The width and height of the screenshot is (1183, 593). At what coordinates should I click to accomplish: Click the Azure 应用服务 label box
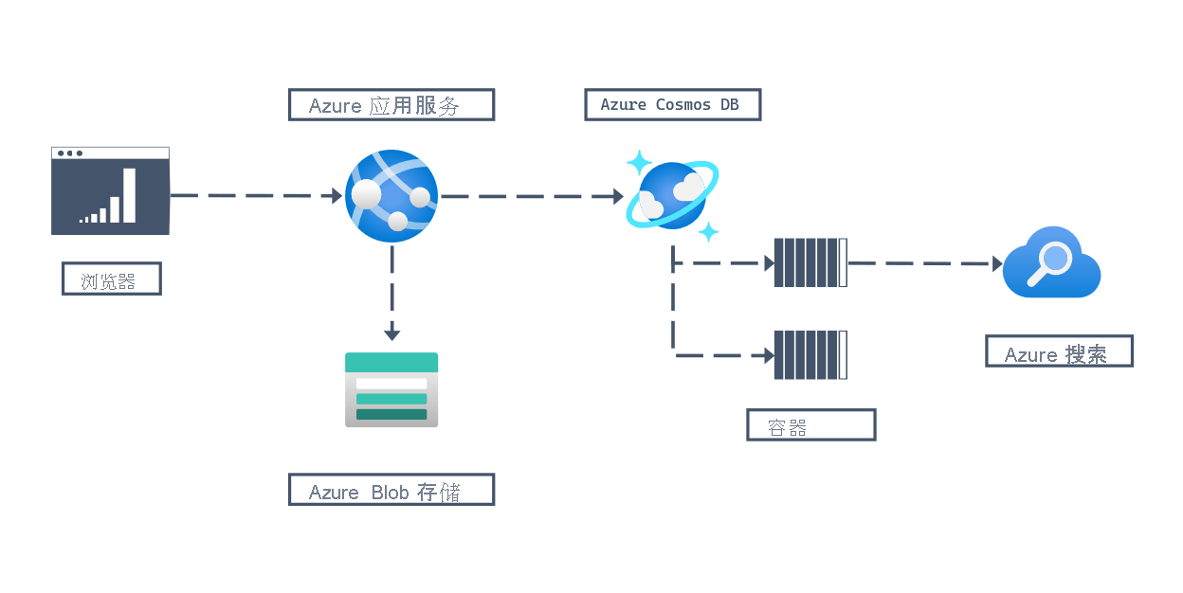pos(391,105)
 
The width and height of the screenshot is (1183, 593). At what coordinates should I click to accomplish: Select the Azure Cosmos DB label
pos(672,104)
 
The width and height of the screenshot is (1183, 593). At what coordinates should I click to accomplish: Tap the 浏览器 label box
pos(111,279)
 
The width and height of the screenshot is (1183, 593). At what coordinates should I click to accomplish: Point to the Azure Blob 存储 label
pos(391,490)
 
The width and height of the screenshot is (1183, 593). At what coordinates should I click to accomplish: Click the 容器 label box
pos(810,425)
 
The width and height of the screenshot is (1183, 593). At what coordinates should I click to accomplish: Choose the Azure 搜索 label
pos(1059,351)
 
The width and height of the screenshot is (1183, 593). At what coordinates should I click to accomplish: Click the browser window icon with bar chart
pos(110,190)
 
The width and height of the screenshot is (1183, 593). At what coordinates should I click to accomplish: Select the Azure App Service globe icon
pos(391,196)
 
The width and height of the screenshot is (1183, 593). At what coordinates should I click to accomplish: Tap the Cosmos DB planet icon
pos(672,195)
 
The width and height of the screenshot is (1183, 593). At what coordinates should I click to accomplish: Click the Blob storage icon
pos(391,389)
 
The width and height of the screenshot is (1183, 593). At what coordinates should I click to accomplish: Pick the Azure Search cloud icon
pos(1051,262)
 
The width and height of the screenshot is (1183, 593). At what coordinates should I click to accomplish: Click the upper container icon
pos(810,262)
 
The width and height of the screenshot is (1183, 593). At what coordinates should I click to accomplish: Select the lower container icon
pos(810,354)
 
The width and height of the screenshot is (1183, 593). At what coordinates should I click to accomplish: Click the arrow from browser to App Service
pos(256,196)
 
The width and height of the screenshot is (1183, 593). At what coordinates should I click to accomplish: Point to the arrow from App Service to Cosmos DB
pos(531,197)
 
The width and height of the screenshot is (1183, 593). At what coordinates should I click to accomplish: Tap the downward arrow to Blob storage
pos(391,294)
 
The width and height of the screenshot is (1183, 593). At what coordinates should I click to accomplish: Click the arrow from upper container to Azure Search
pos(924,263)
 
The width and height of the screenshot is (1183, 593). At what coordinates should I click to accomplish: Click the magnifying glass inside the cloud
pos(1051,260)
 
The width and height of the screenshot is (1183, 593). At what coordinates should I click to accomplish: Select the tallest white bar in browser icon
pos(129,195)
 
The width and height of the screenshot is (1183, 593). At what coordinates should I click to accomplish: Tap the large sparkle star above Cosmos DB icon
pos(639,162)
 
